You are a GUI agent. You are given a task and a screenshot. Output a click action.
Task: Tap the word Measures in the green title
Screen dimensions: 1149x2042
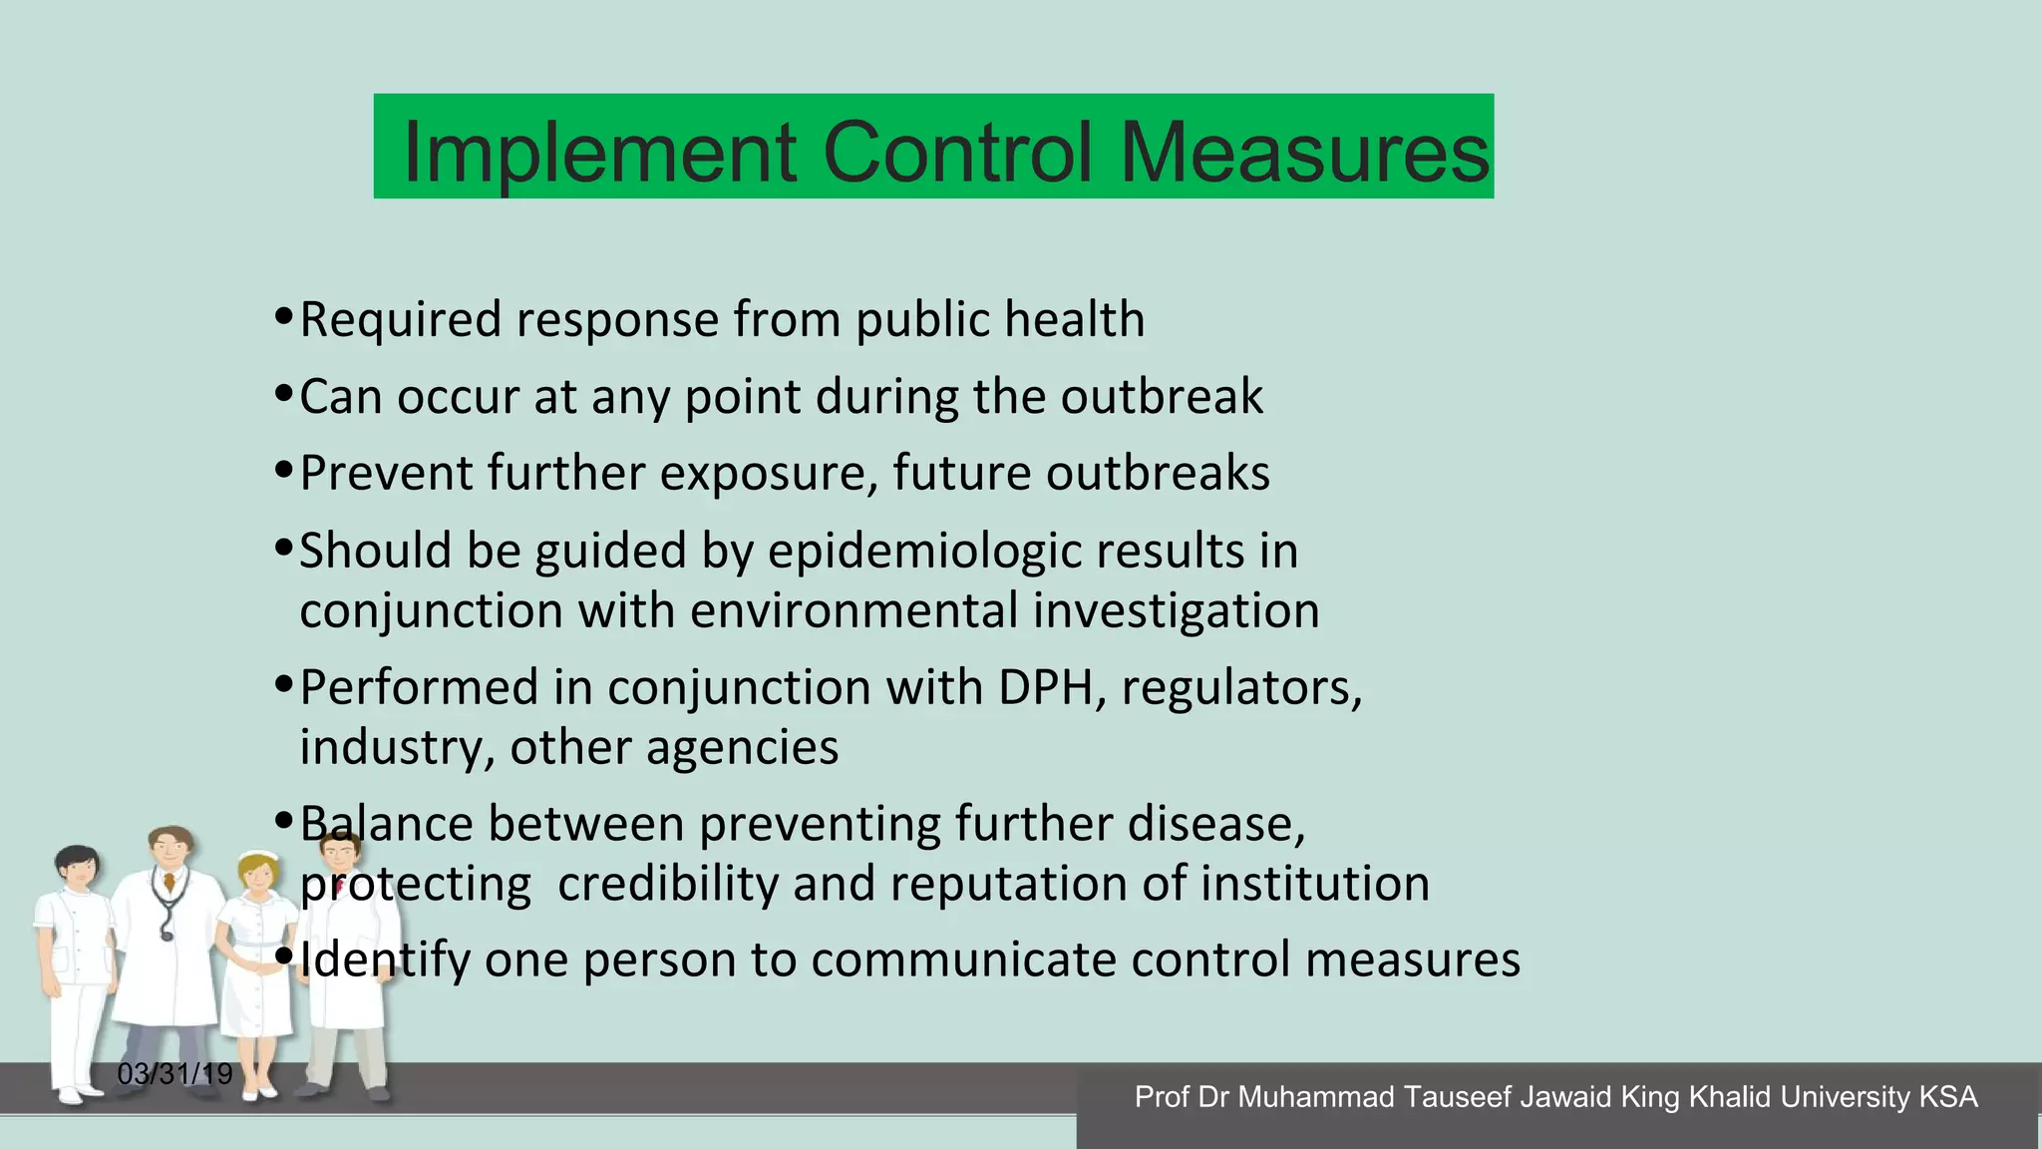coord(1304,153)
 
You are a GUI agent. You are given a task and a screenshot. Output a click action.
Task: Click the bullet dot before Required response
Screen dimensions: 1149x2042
coord(283,317)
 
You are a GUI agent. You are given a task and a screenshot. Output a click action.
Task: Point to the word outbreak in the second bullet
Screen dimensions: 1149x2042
coord(1162,397)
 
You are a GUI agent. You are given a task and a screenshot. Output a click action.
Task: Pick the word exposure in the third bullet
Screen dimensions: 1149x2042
coord(769,474)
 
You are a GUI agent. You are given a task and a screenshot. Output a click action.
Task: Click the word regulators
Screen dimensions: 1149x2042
coord(1241,688)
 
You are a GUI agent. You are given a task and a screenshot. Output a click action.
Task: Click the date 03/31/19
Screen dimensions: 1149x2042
coord(174,1074)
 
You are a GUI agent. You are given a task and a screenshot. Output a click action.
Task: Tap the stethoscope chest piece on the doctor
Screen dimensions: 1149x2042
coord(167,935)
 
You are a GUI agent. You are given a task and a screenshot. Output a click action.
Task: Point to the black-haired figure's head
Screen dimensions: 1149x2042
coord(77,866)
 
